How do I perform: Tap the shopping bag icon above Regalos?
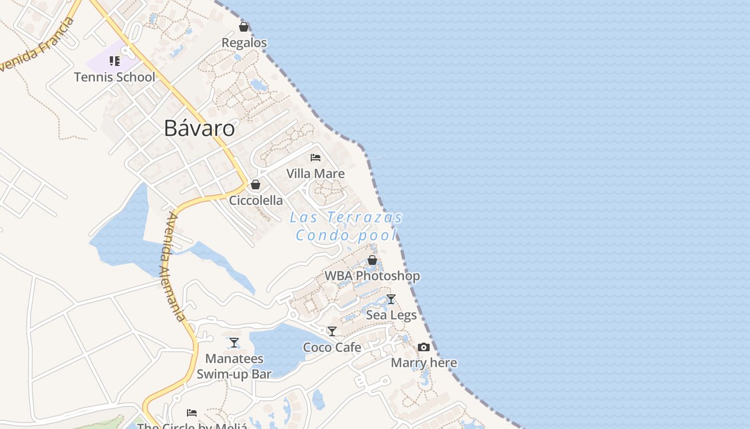tap(244, 27)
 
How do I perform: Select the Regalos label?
tap(244, 43)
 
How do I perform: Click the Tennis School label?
tap(115, 77)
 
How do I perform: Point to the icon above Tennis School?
tap(115, 61)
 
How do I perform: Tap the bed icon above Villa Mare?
tap(316, 158)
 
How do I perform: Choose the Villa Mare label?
tap(316, 174)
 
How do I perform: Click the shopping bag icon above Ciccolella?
tap(256, 184)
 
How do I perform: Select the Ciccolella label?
tap(256, 201)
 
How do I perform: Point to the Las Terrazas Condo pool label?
tap(347, 226)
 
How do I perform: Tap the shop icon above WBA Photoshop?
tap(372, 260)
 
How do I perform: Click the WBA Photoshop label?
tap(372, 276)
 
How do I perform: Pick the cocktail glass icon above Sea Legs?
tap(391, 299)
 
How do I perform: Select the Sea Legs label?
tap(391, 315)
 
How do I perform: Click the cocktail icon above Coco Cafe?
tap(332, 331)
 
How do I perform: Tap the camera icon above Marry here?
tap(424, 347)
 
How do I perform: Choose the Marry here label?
tap(424, 363)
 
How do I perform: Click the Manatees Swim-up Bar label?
tap(234, 366)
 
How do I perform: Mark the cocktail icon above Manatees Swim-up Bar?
tap(234, 343)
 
